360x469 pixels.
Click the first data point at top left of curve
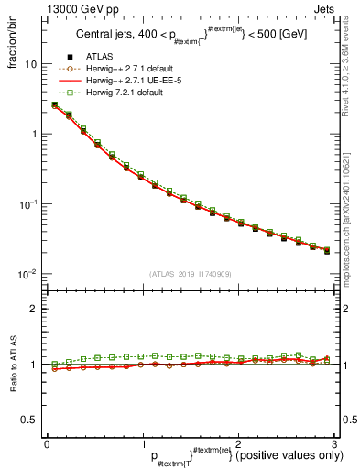pyautogui.click(x=55, y=105)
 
